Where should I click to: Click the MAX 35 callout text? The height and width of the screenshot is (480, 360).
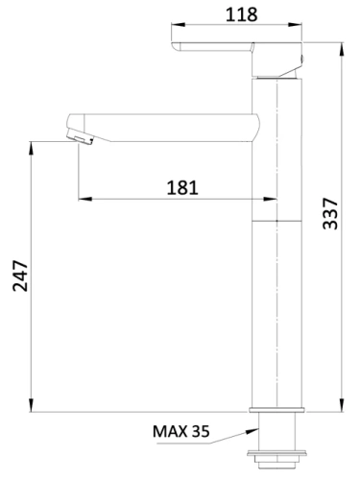[x=181, y=430]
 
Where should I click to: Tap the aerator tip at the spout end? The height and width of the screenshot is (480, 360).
[x=78, y=137]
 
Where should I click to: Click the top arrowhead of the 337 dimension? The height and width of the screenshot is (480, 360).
[x=342, y=44]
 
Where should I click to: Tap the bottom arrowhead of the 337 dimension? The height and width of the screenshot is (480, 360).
[x=342, y=407]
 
